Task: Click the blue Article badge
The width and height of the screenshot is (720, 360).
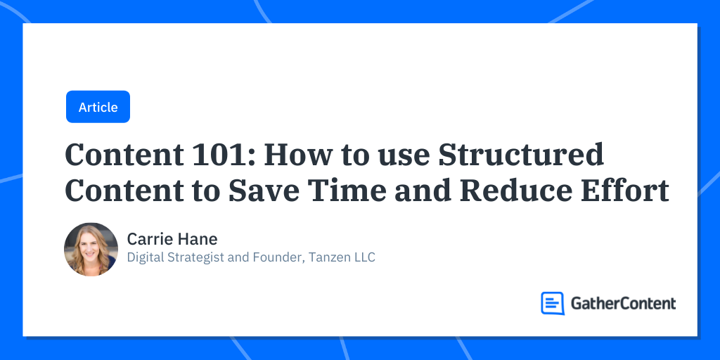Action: point(98,107)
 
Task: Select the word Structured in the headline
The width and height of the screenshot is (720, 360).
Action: point(521,155)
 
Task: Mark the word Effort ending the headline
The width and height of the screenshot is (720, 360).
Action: point(635,191)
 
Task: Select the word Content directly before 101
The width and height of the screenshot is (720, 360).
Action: point(119,155)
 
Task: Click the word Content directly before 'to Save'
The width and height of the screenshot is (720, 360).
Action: point(119,191)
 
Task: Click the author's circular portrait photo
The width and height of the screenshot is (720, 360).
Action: point(91,250)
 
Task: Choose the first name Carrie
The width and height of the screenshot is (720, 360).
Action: point(146,239)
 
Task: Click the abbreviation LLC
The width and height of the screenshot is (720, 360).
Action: point(364,257)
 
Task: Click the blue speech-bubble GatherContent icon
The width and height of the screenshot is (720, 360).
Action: point(553,303)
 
